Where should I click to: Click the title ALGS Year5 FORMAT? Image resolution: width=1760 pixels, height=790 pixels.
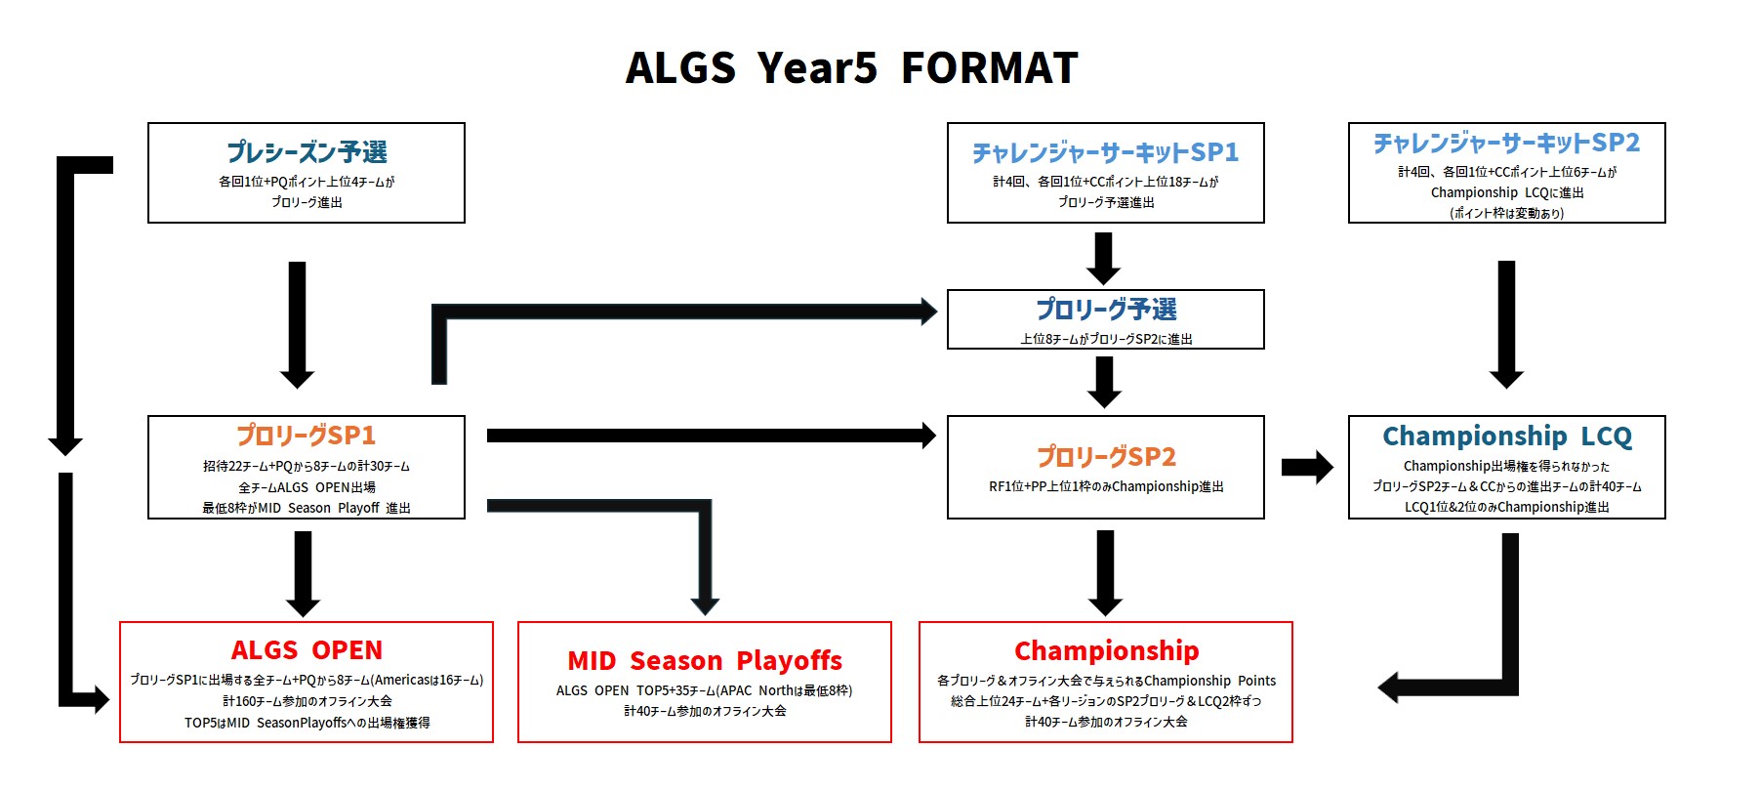[851, 68]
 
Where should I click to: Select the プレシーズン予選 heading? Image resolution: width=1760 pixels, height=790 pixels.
[307, 152]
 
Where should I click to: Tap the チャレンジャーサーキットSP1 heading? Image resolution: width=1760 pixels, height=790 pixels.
[1105, 152]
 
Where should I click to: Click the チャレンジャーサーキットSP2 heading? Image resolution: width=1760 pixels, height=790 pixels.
[1506, 144]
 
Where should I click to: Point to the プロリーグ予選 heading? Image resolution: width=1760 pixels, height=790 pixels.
[1105, 310]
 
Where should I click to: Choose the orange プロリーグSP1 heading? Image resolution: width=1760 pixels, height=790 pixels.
[307, 436]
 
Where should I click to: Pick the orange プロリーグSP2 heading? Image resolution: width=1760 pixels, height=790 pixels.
[1105, 456]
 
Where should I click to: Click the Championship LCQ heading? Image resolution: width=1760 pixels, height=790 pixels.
[1506, 436]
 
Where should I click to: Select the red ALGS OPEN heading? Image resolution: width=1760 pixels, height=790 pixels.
[307, 650]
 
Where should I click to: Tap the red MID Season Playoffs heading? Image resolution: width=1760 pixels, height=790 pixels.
[704, 661]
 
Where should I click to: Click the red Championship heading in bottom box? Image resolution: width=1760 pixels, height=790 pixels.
[1105, 650]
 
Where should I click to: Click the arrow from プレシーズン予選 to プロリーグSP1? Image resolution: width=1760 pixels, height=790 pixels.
[297, 322]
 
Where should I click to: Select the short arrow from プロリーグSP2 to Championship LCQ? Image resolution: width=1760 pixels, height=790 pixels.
[1306, 467]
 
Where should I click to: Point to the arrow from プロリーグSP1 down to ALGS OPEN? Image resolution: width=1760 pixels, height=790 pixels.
[303, 571]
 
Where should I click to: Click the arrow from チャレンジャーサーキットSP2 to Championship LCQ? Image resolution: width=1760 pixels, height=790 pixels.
[1506, 322]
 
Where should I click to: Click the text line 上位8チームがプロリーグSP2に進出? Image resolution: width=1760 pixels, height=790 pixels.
[1105, 339]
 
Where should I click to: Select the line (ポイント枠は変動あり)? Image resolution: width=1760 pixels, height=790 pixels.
[1506, 213]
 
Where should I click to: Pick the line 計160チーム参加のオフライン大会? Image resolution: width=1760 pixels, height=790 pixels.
[307, 701]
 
